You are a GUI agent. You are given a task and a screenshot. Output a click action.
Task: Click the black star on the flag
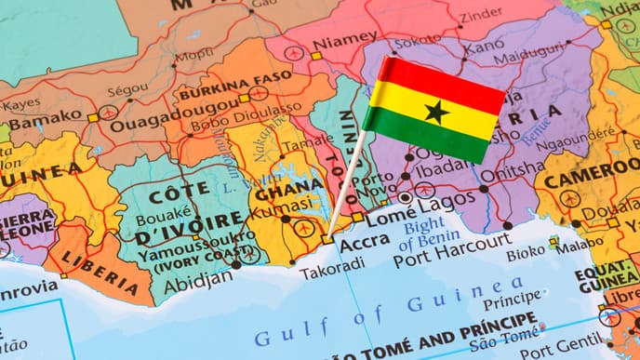(435, 112)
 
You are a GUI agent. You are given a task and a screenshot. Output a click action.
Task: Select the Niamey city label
(345, 44)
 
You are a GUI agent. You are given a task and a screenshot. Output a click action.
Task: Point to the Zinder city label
(481, 13)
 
